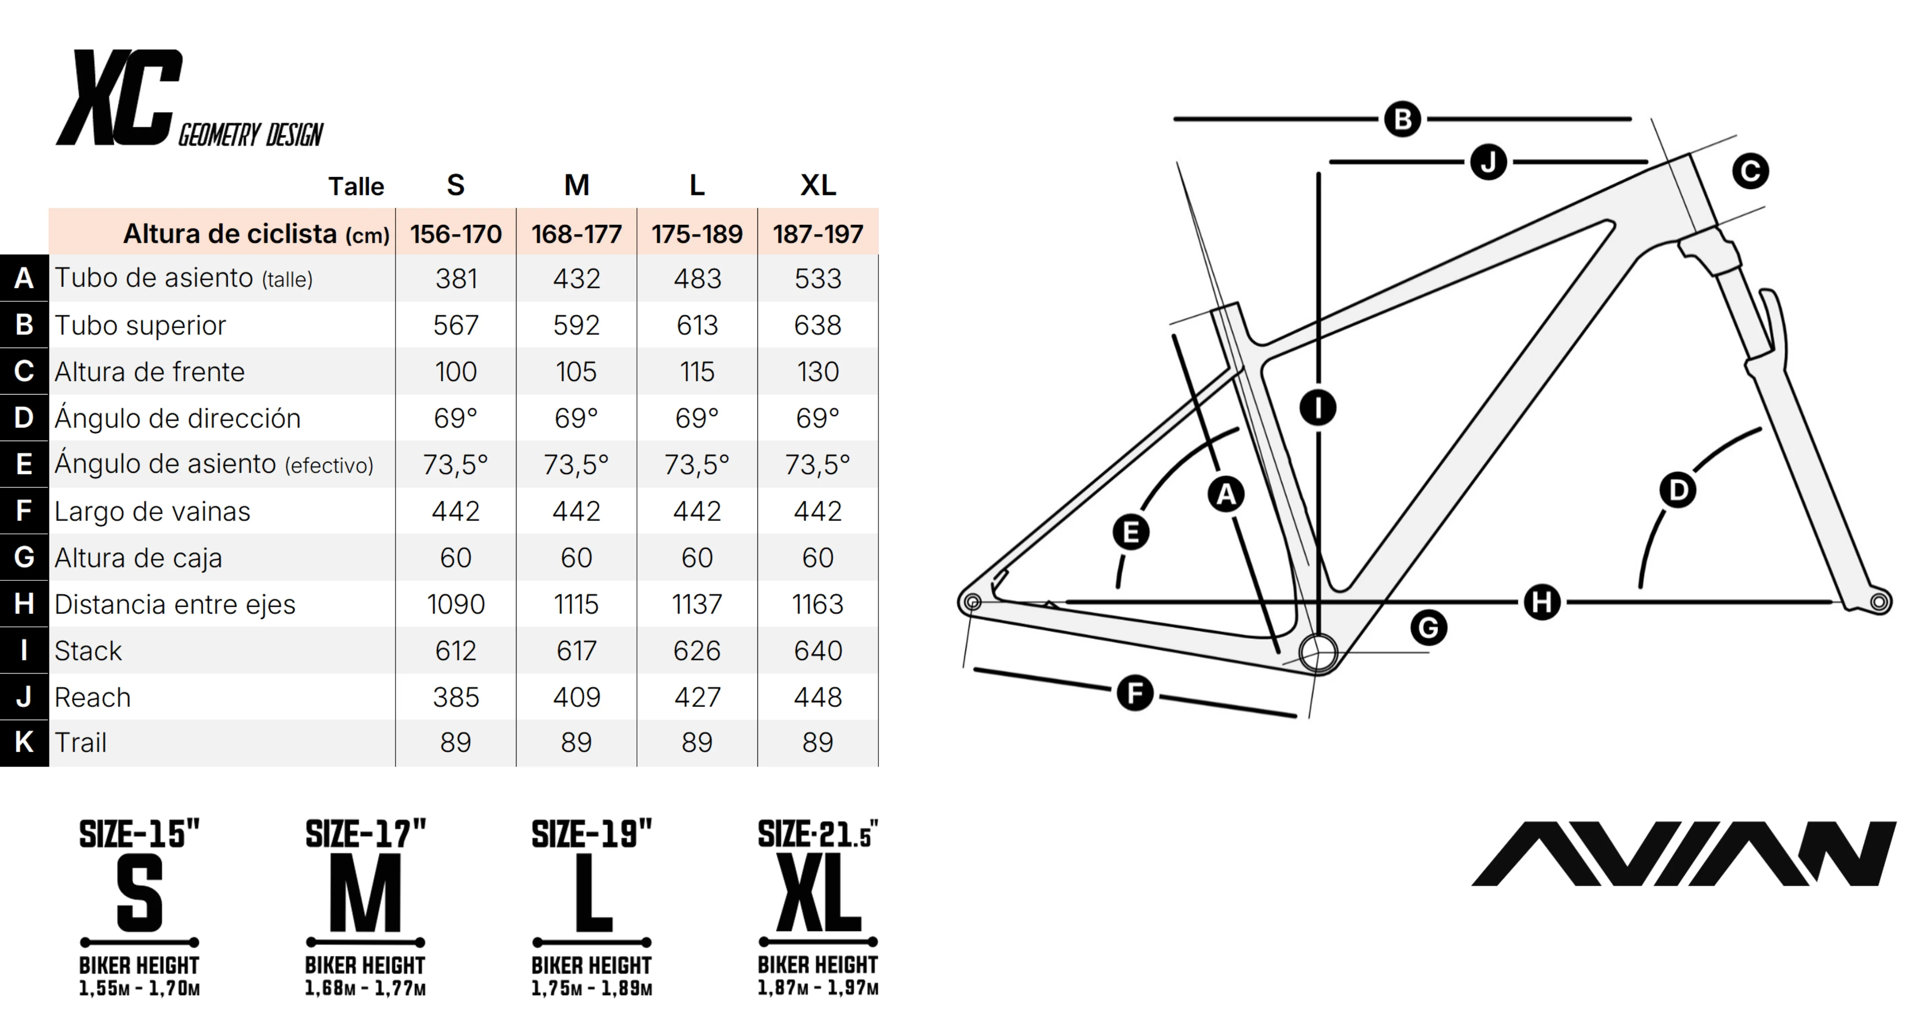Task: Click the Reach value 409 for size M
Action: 576,697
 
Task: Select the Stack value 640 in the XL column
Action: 818,651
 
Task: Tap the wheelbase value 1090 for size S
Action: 456,604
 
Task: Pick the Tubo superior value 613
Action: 697,325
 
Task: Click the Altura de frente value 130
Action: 818,371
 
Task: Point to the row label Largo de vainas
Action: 153,511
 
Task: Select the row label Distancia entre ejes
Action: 175,605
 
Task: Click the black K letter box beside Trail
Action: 24,742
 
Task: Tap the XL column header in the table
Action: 818,185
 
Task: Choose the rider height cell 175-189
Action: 697,234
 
